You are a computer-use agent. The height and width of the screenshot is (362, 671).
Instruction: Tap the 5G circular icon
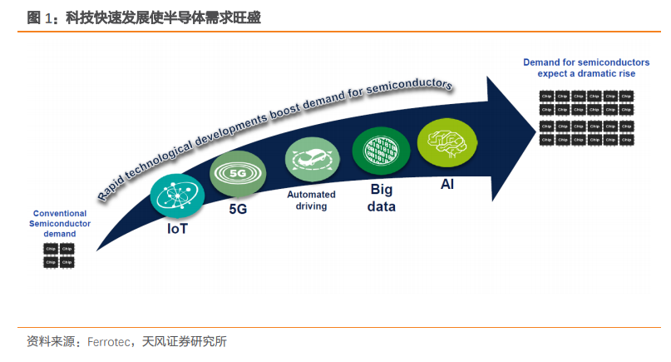(237, 173)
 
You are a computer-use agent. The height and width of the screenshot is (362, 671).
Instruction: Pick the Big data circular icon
(378, 151)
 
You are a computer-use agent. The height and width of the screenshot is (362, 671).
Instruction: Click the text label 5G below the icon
(238, 210)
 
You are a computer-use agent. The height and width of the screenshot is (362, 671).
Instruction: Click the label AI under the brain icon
(447, 183)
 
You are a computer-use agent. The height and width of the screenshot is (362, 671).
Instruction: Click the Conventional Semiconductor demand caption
(59, 224)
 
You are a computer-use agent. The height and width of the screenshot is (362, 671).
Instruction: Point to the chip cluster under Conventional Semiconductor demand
(58, 255)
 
